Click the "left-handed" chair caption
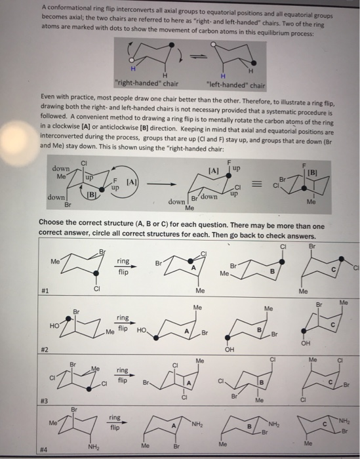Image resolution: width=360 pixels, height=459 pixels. click(235, 85)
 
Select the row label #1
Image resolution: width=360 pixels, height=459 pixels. click(45, 289)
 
